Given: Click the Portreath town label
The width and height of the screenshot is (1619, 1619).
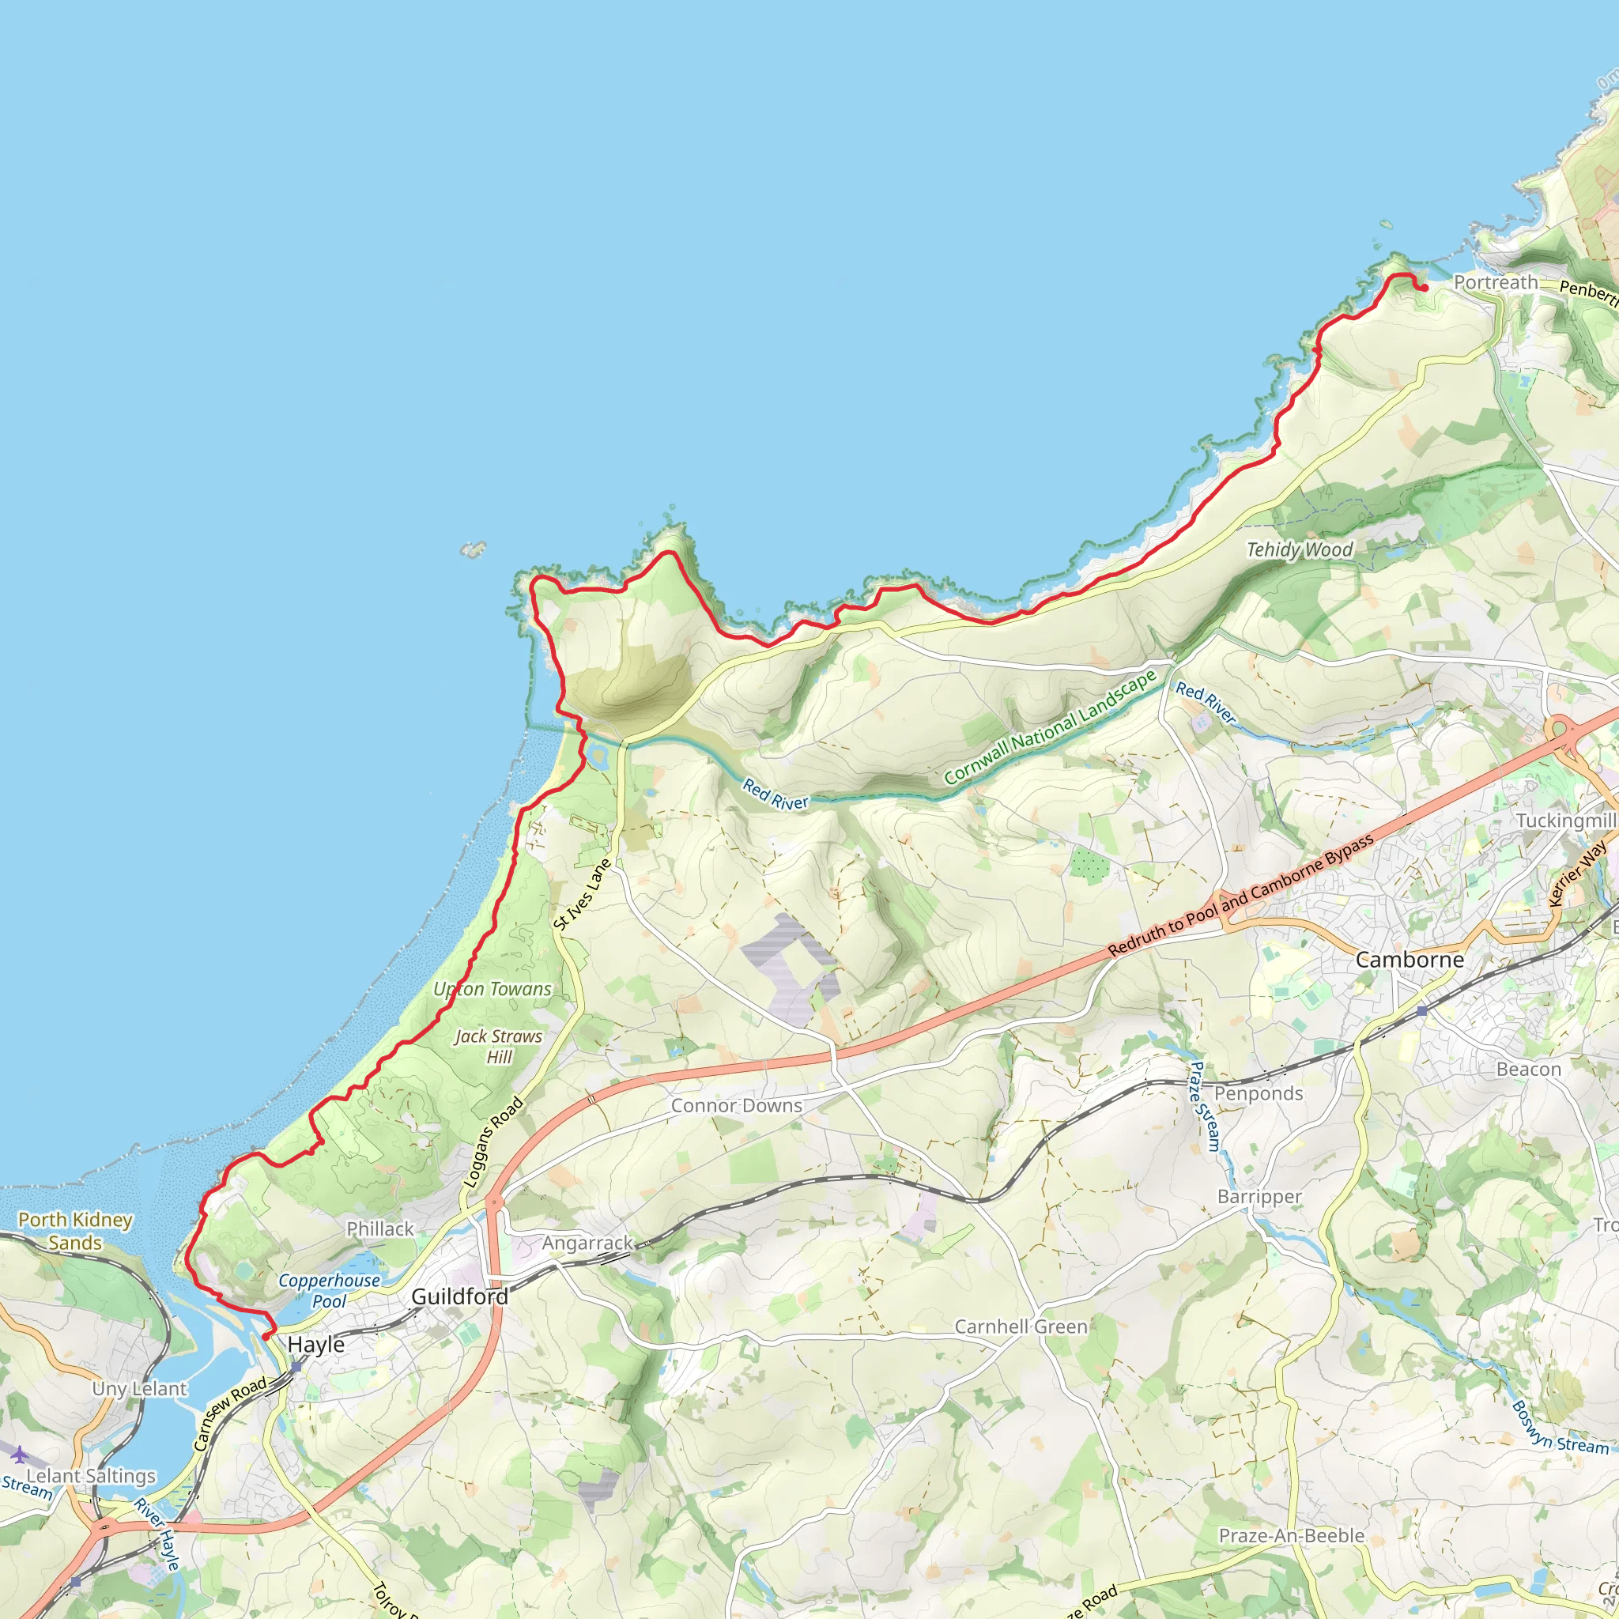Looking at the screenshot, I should (x=1495, y=282).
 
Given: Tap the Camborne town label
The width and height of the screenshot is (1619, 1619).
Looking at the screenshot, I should (x=1410, y=960).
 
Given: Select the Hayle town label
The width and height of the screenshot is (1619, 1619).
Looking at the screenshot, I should (x=316, y=1344).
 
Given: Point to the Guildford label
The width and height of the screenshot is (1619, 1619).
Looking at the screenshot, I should (x=459, y=1296).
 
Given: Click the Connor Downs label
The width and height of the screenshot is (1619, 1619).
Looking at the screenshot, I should (x=736, y=1105).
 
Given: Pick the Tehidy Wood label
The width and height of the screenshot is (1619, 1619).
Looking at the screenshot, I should (x=1299, y=549).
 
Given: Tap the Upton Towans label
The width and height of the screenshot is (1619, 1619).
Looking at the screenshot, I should (x=492, y=989).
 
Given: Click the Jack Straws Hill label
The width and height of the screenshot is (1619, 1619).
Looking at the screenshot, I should (x=499, y=1047).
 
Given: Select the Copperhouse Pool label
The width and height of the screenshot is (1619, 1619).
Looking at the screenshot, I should (x=329, y=1290).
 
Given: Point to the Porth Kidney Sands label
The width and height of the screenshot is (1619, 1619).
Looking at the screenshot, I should (x=75, y=1231).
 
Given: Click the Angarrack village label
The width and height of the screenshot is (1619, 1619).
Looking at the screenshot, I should (x=587, y=1243).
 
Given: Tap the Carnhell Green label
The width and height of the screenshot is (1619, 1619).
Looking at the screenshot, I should (x=1021, y=1327).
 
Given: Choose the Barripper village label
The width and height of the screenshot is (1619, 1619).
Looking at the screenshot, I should (x=1259, y=1197).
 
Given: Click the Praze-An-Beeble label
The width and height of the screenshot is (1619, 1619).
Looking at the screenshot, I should (x=1292, y=1535).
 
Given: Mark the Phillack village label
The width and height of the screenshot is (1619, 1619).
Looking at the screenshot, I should (x=380, y=1228).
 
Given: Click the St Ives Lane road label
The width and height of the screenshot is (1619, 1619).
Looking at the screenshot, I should (x=583, y=894).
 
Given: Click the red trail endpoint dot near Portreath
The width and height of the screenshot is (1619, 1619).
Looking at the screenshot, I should (x=1425, y=289).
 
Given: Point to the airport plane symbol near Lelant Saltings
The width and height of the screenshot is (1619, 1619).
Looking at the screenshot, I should (x=18, y=1453).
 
